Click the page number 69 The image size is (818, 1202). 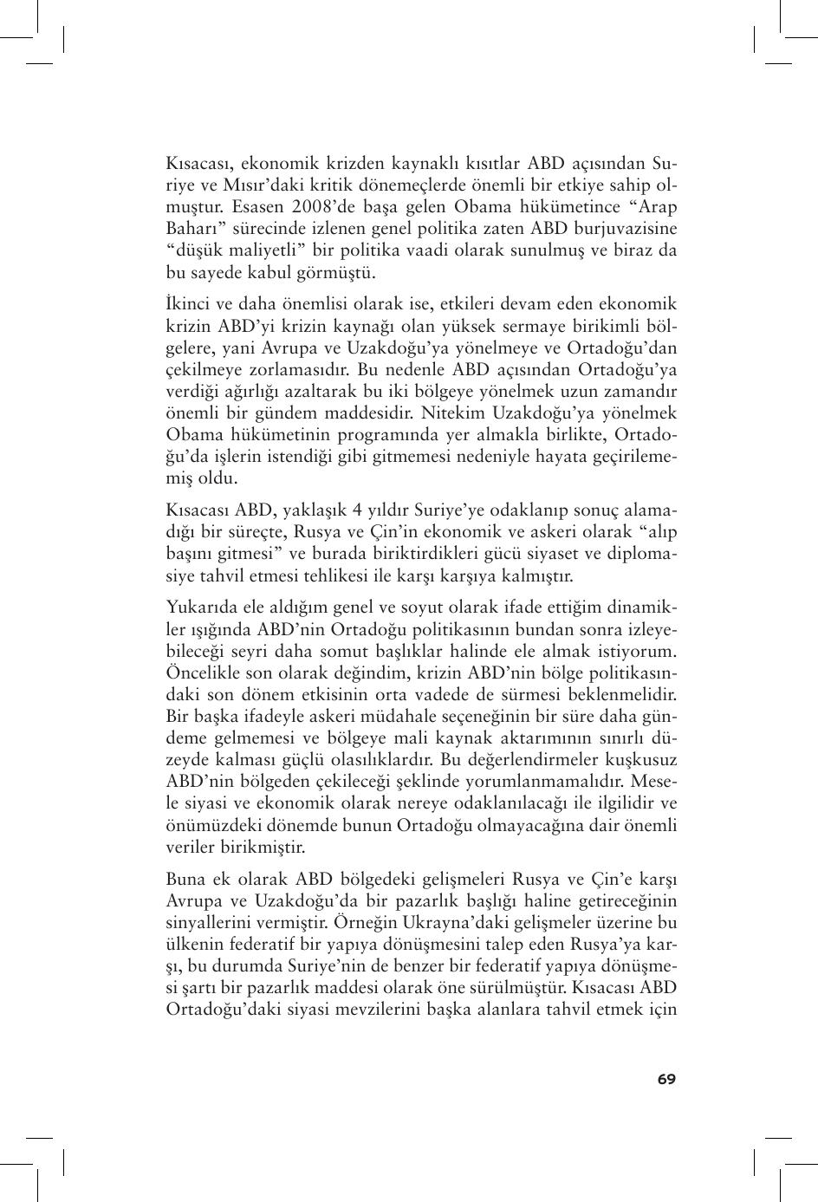(665, 1079)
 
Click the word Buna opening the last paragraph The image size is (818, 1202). (185, 879)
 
